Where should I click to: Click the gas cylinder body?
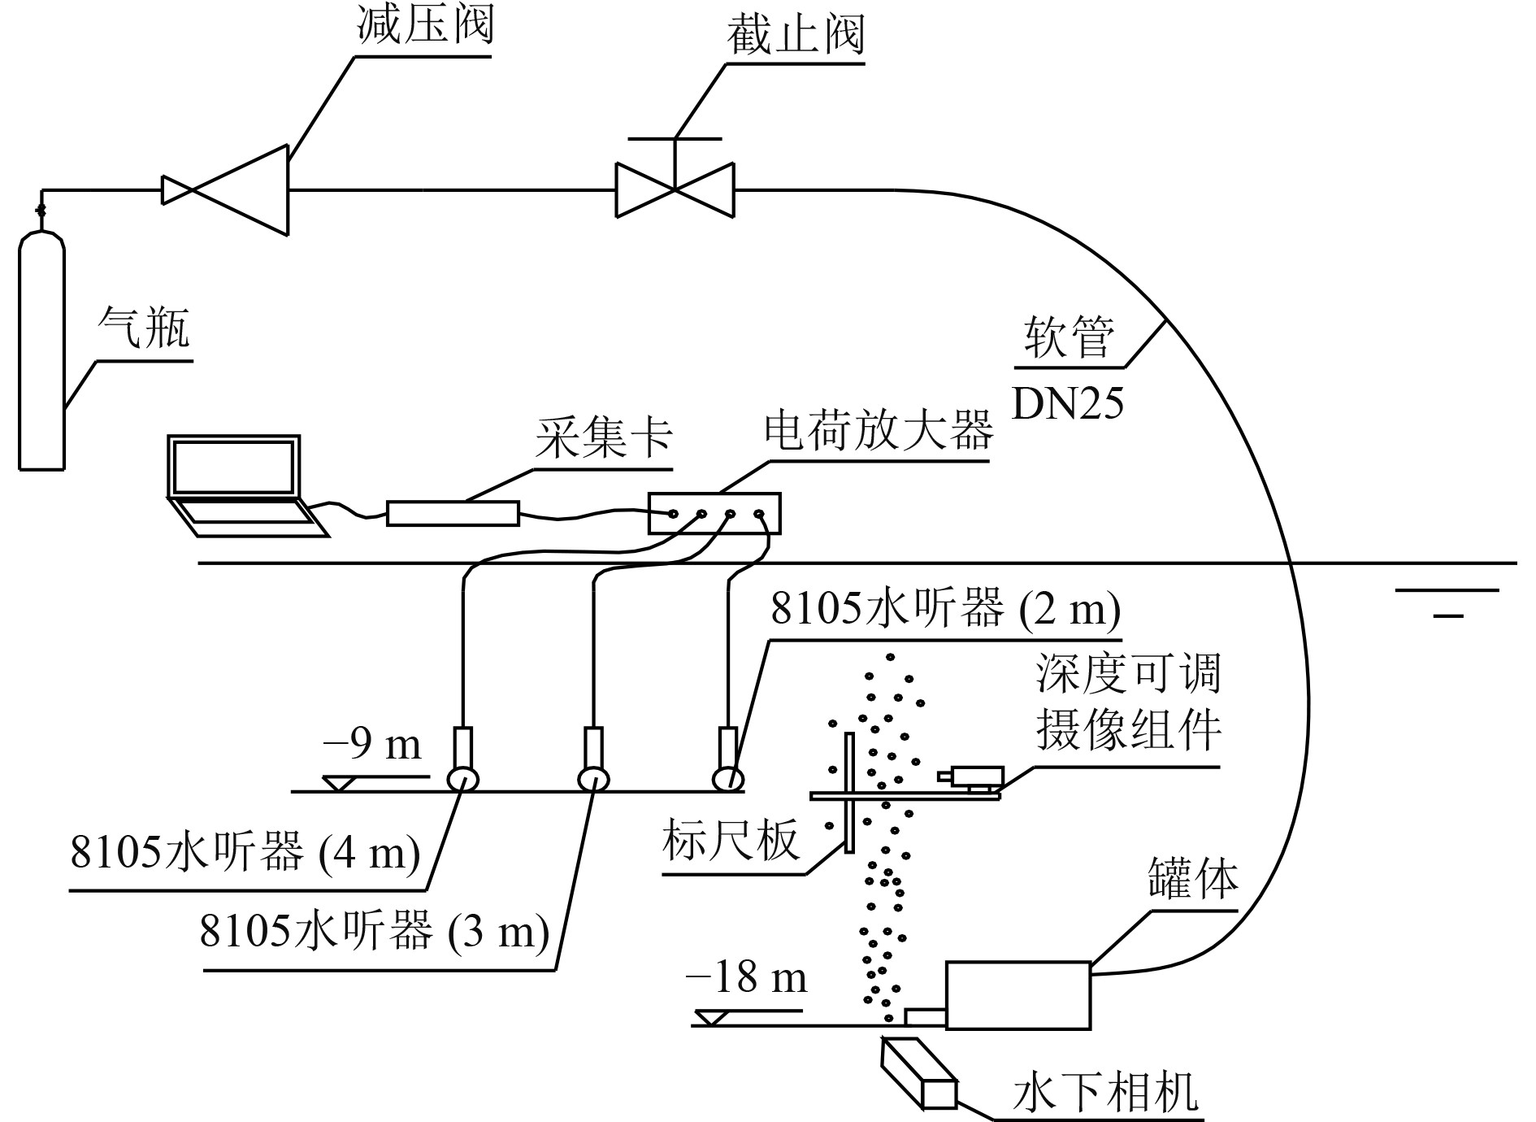point(41,350)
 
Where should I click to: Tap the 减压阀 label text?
point(425,26)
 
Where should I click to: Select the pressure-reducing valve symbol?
point(226,190)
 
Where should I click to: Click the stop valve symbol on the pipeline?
point(675,189)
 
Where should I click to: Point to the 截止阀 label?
point(795,34)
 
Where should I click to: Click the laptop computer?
point(237,484)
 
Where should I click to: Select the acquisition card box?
point(453,513)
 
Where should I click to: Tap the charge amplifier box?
point(714,513)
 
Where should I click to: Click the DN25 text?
point(1068,403)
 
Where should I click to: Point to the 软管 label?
point(1068,337)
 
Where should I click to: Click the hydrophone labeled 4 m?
point(462,760)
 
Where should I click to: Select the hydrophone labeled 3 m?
point(593,760)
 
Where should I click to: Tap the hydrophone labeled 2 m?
point(728,760)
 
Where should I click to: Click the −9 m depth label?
point(372,744)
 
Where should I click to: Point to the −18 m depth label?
point(746,977)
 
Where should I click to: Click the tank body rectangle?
point(1017,995)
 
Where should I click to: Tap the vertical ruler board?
point(848,793)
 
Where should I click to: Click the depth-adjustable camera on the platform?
point(973,776)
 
